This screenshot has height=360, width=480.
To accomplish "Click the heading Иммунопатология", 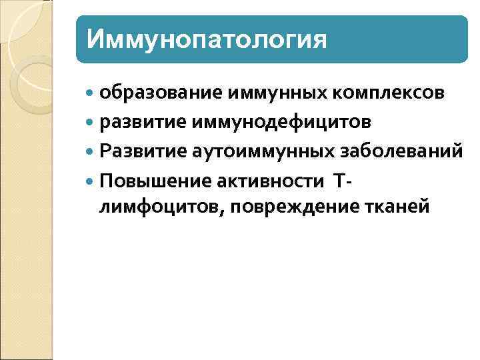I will (x=207, y=39).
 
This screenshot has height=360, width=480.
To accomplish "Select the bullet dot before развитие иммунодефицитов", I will (x=91, y=123).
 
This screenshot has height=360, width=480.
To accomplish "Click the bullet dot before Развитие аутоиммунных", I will (x=91, y=152).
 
